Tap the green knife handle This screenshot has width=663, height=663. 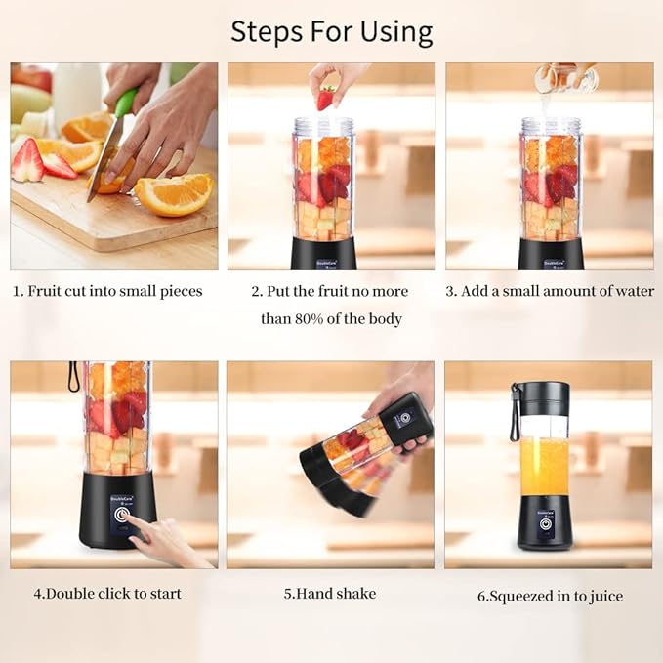[127, 101]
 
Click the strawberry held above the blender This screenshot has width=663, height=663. [326, 97]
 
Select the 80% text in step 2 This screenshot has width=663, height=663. [310, 319]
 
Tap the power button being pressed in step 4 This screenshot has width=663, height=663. [122, 515]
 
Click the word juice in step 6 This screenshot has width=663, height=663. [606, 597]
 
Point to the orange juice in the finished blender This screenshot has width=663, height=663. [544, 467]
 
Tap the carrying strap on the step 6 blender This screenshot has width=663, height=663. [515, 412]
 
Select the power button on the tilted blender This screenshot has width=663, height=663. [406, 417]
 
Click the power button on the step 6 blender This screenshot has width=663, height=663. [547, 524]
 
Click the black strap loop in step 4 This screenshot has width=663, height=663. [73, 377]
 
